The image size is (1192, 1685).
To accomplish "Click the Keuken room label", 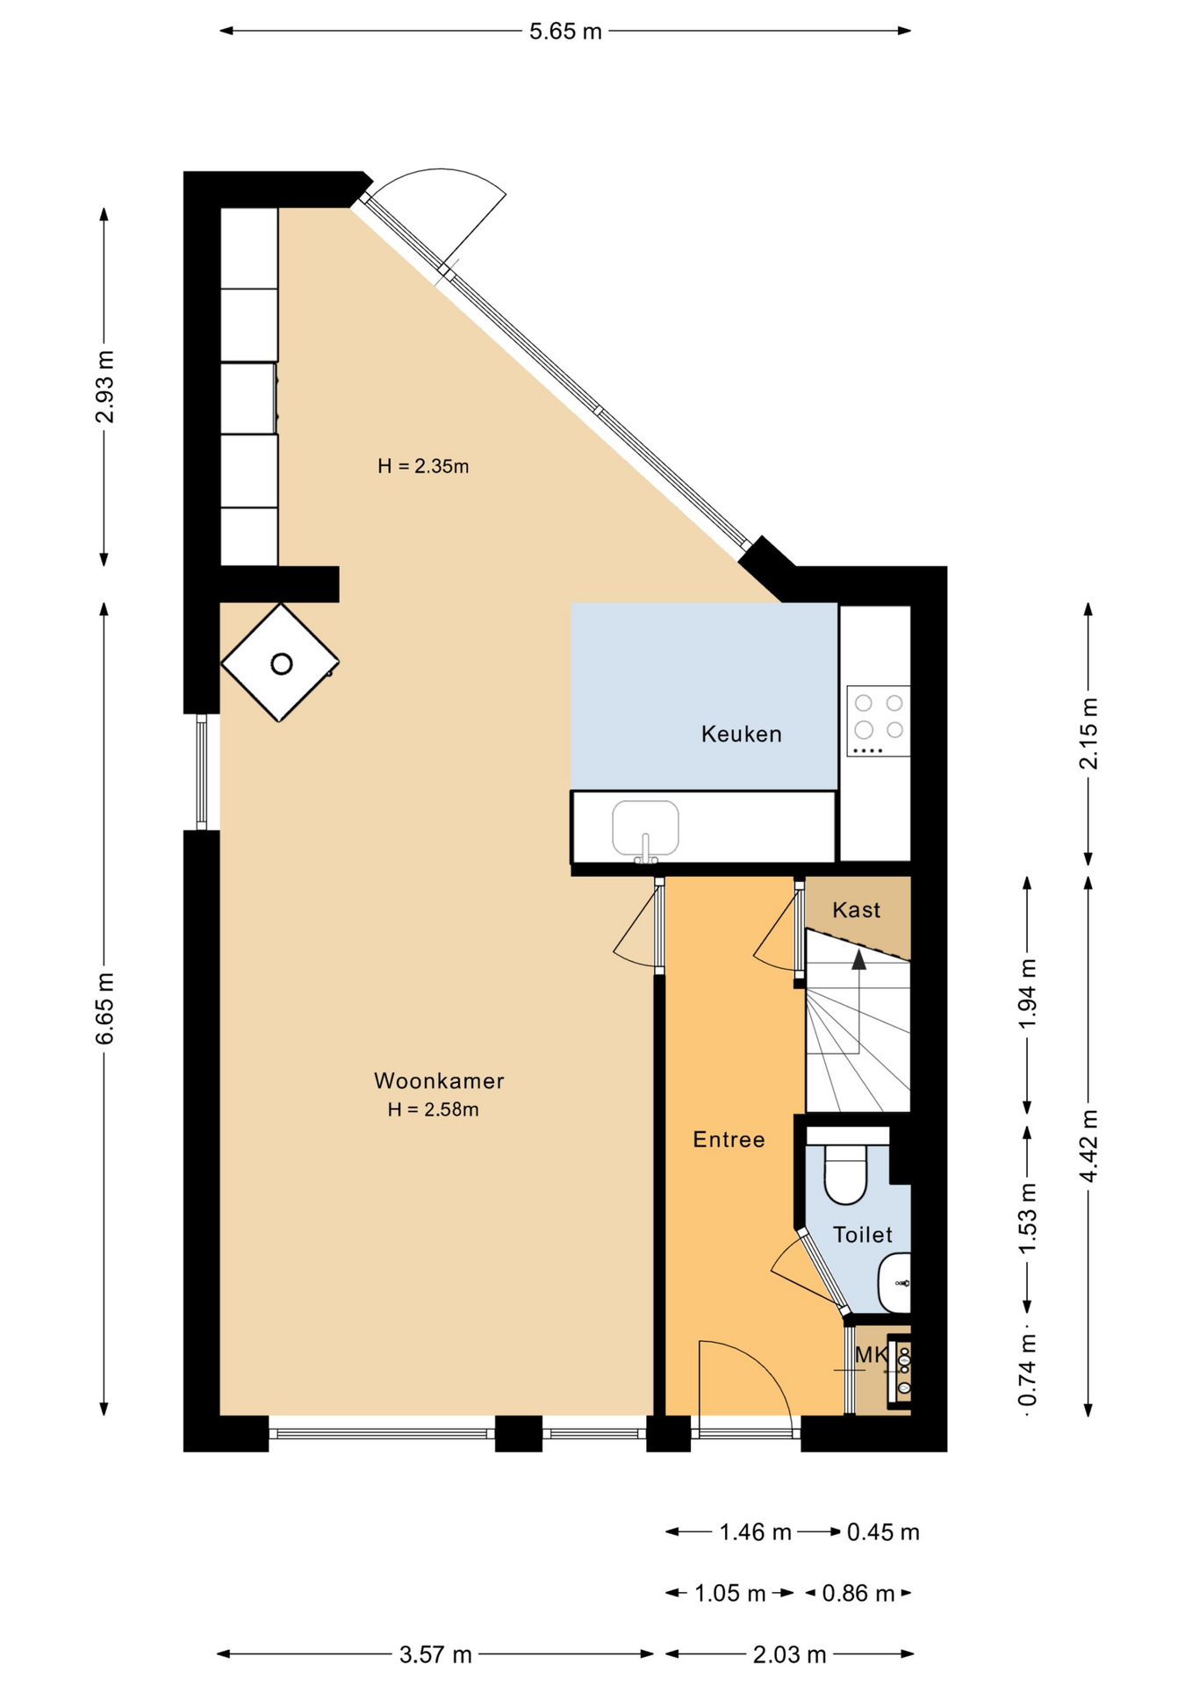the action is click(741, 734).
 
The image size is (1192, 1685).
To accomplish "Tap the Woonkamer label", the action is click(439, 1080).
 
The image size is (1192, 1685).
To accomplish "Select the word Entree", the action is click(729, 1139).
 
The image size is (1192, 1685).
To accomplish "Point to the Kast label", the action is click(856, 909).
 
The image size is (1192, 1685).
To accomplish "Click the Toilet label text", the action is click(862, 1235).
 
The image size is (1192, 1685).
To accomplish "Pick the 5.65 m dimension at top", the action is click(565, 32).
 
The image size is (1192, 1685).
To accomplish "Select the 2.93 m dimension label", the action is click(104, 386).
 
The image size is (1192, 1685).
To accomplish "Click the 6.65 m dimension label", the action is click(104, 1008).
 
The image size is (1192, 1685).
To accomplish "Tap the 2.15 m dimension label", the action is click(1088, 734).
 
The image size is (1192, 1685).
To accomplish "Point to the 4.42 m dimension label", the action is click(1088, 1145).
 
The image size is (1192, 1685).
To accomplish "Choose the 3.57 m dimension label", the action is click(435, 1654).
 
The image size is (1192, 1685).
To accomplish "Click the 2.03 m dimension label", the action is click(789, 1654).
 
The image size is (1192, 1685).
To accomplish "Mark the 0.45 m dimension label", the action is click(883, 1531).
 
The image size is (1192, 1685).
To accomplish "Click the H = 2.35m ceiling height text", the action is click(423, 466).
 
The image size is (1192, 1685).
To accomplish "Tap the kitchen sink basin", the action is click(645, 828).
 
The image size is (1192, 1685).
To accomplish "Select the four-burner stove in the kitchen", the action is click(878, 721).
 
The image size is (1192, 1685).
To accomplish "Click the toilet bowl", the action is click(845, 1173).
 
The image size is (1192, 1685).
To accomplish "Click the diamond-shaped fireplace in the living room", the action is click(280, 663).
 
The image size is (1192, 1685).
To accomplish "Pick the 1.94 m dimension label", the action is click(1028, 993).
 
